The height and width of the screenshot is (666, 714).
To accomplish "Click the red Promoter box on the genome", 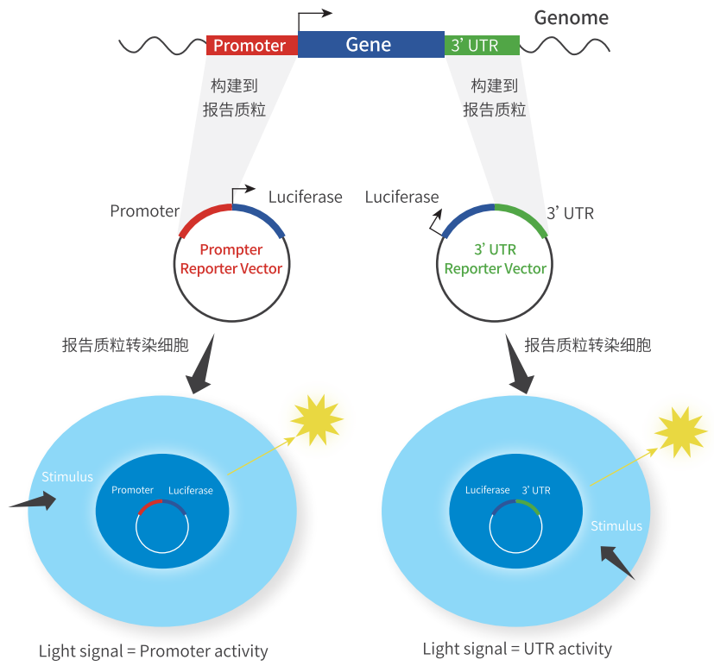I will tap(250, 46).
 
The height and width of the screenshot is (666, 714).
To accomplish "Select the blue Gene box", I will tap(370, 45).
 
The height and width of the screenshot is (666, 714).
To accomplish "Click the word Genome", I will tap(571, 17).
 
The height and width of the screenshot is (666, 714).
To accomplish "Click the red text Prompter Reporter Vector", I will tap(231, 259).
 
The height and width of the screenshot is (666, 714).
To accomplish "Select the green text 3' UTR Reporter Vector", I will tap(495, 259).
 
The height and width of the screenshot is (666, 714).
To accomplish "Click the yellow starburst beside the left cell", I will tap(316, 418).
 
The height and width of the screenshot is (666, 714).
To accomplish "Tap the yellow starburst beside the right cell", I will tap(680, 430).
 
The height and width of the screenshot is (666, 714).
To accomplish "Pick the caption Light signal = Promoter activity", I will tap(154, 651).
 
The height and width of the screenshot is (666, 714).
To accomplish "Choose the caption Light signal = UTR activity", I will tap(517, 649).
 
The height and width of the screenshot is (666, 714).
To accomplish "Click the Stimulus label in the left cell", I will tap(67, 476).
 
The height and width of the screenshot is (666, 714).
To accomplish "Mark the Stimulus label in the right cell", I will tap(616, 525).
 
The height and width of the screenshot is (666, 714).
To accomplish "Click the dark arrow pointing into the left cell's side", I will tap(35, 502).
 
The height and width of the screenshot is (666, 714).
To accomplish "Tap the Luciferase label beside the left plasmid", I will tap(305, 198).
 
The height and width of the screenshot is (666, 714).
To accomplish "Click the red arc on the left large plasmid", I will tap(204, 217).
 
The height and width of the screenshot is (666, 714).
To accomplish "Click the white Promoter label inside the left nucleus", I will tap(132, 490).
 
